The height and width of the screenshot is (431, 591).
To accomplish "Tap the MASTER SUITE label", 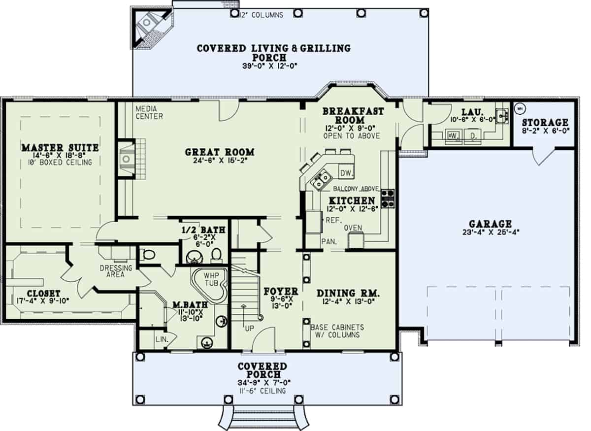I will [x=60, y=148].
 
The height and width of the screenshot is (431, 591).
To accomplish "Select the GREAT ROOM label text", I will [x=219, y=152].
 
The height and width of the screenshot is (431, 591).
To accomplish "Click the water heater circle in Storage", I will [x=520, y=109].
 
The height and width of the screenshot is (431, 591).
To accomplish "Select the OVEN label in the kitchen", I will [x=353, y=228].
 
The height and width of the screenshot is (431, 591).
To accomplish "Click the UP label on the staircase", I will [x=250, y=327].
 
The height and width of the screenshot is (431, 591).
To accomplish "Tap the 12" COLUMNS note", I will [x=261, y=15].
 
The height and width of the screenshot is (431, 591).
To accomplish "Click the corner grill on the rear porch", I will [x=148, y=23].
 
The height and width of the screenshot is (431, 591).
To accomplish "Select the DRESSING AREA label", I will [x=116, y=271].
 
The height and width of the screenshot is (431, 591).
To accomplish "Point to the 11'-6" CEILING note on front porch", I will [x=262, y=391].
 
